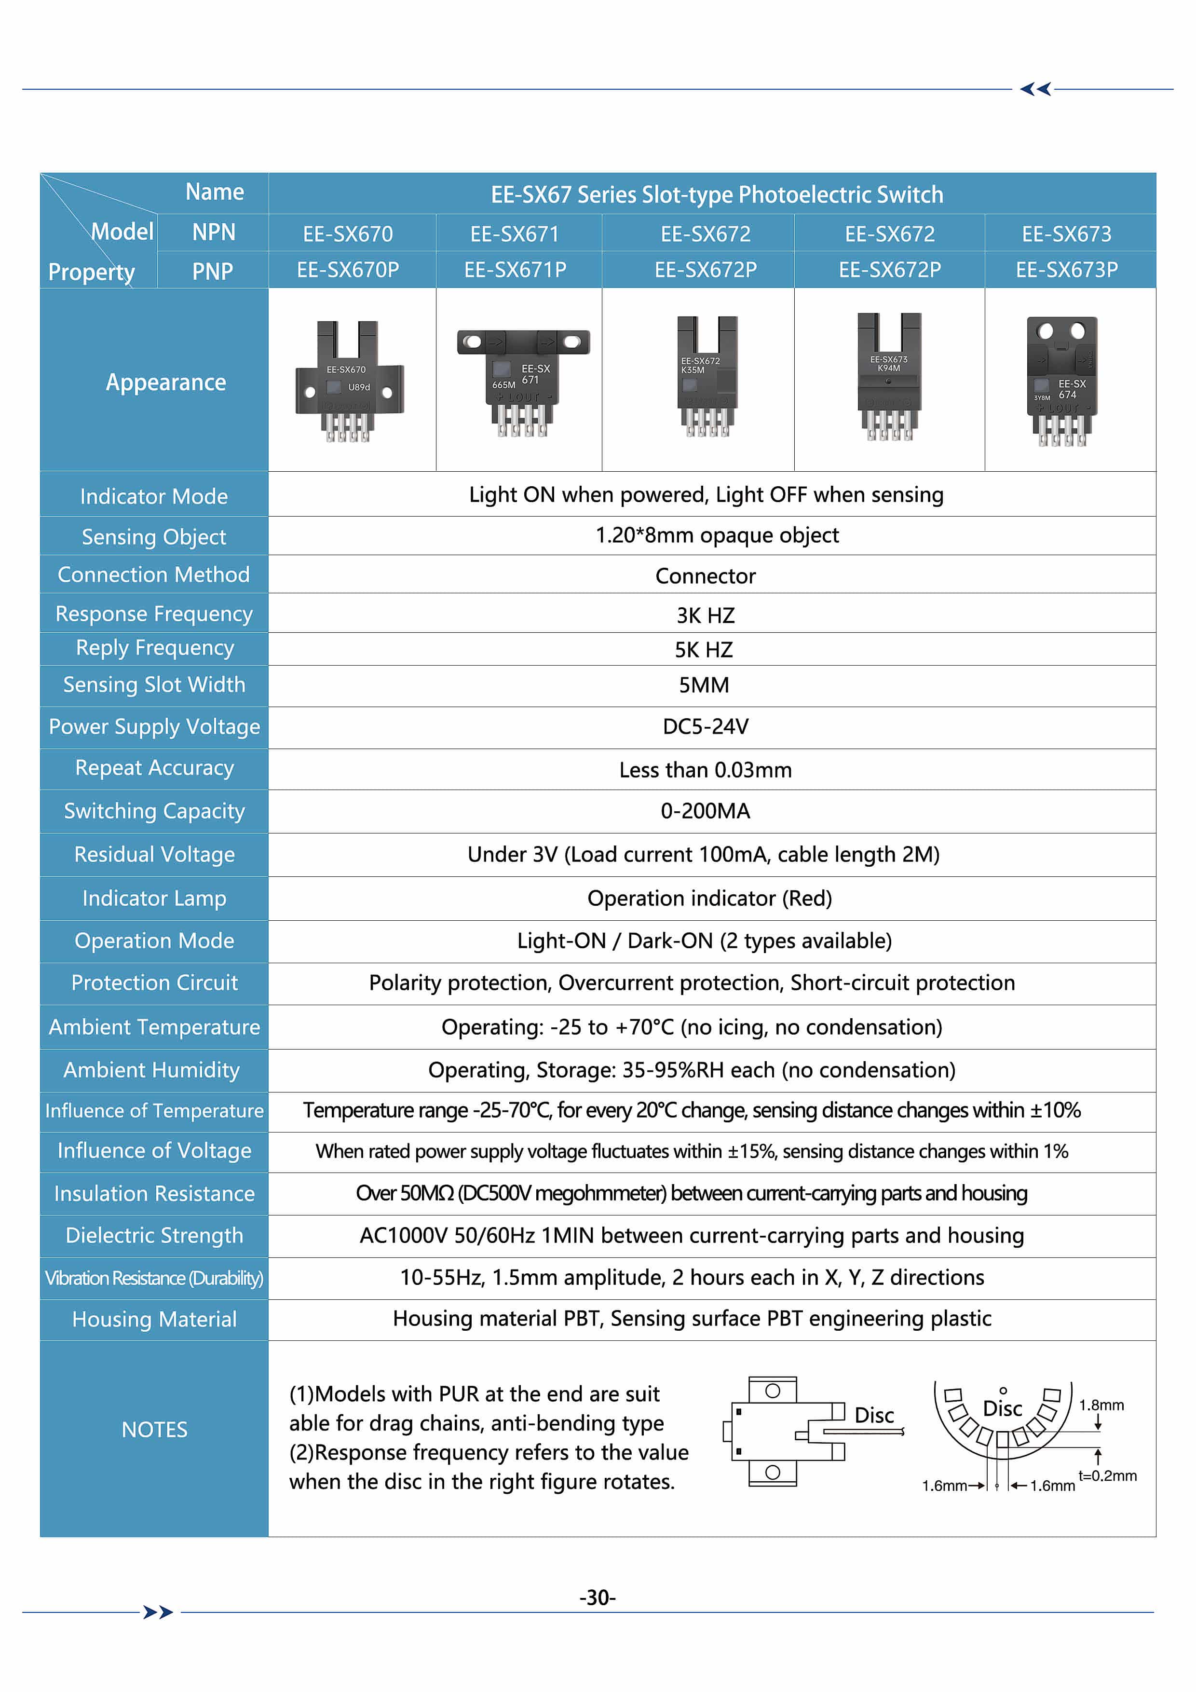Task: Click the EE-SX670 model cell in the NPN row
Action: click(348, 233)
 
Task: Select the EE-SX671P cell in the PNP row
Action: click(515, 270)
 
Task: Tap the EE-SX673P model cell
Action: click(1066, 270)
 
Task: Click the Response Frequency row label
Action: click(154, 614)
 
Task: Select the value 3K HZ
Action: click(705, 615)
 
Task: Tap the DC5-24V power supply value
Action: click(705, 726)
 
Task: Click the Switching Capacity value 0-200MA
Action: click(705, 811)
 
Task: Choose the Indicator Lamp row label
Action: click(154, 898)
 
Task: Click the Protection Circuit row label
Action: click(154, 983)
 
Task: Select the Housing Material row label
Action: click(154, 1319)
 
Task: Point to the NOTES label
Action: click(154, 1430)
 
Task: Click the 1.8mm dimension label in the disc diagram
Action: click(1101, 1405)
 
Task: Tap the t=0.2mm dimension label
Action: click(1107, 1475)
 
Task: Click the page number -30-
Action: click(597, 1597)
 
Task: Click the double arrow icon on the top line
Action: click(1035, 89)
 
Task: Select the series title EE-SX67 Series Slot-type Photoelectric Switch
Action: click(716, 194)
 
